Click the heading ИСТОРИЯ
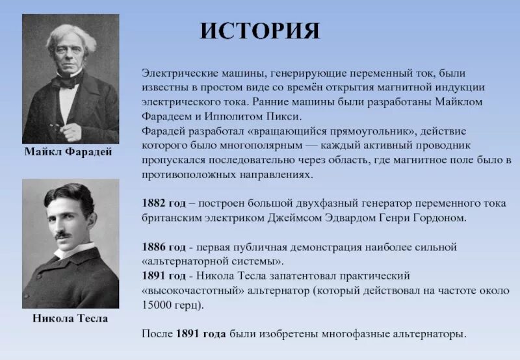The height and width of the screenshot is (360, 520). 259,31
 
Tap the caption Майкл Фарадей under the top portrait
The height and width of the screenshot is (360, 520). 69,153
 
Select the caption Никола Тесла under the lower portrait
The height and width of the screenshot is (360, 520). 70,319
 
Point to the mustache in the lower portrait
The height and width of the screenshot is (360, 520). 63,235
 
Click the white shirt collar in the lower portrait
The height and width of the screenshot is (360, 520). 71,251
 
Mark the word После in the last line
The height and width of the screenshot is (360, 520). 157,334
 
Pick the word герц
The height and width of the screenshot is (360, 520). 192,305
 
